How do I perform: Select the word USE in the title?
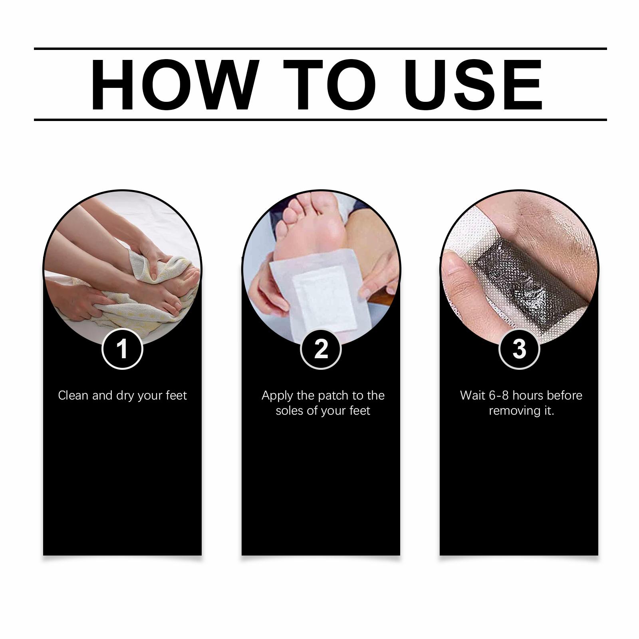[x=475, y=85]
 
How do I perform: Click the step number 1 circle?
[x=122, y=349]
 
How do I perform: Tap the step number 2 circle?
[x=321, y=349]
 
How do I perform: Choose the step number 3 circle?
[x=519, y=349]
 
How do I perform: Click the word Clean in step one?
[x=73, y=395]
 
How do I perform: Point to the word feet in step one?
[x=176, y=395]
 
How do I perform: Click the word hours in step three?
[x=528, y=395]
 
